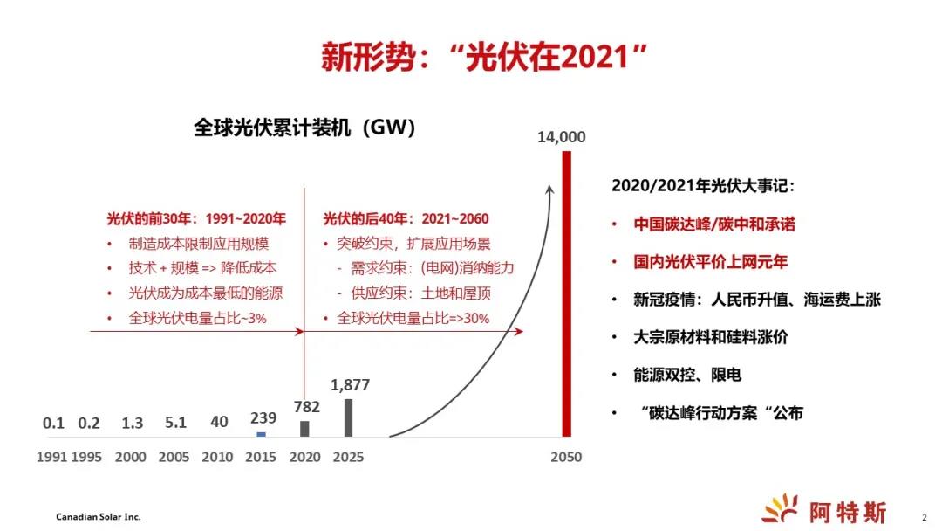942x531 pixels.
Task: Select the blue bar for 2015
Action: click(261, 434)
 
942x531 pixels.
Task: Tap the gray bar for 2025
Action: click(348, 417)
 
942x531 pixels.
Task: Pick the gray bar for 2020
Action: click(304, 428)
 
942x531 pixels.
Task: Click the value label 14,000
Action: click(561, 137)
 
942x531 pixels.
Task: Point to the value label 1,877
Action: click(351, 385)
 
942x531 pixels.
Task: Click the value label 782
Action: click(307, 406)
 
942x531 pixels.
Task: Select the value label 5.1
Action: click(176, 423)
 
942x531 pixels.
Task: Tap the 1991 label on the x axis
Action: click(51, 457)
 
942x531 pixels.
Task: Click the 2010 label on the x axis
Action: click(218, 457)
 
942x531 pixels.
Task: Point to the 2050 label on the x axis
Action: click(566, 457)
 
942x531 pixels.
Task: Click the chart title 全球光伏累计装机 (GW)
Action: click(304, 128)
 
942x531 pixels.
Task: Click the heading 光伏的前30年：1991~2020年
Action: click(196, 218)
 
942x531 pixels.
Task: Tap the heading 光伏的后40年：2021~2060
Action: click(406, 218)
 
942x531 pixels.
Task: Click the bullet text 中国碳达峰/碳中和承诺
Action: click(714, 224)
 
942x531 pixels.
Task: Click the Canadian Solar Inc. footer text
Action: click(99, 517)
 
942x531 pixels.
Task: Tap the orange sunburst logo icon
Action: click(780, 507)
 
